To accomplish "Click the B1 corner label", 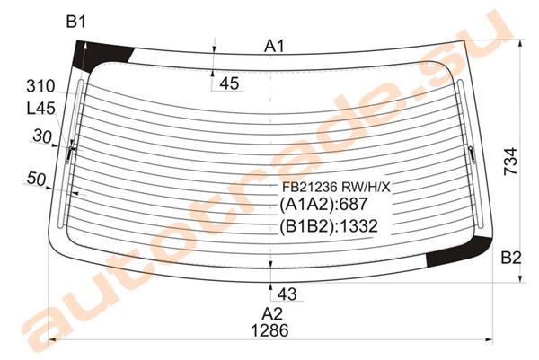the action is [x=75, y=22].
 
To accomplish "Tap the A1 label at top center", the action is [x=274, y=46].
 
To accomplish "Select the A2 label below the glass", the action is [x=272, y=314].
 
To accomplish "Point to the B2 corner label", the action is [x=511, y=258].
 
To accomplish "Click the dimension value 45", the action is [x=229, y=83].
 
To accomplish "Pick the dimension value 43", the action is [x=287, y=294].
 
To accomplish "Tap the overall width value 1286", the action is [x=269, y=330].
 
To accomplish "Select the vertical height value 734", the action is [x=510, y=162].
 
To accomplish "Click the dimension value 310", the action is [x=40, y=86].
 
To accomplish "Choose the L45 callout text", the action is [x=41, y=109].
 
